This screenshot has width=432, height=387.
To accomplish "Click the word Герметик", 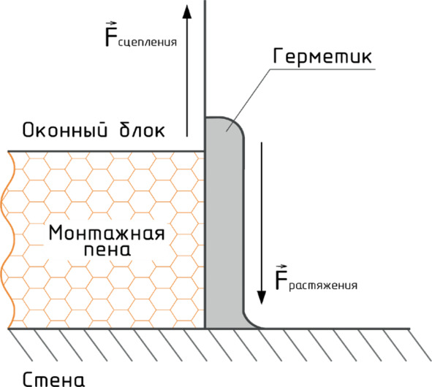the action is [x=322, y=56].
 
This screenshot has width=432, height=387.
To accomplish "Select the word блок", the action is [x=142, y=129].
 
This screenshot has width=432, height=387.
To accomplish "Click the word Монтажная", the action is [x=107, y=233].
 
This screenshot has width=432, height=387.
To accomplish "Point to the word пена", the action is [x=107, y=250].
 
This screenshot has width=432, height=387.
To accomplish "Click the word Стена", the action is [x=53, y=380].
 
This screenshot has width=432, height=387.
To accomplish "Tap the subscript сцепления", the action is [x=148, y=42].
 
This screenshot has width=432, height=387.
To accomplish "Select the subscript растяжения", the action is [x=323, y=286].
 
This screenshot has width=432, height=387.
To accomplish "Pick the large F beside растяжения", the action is [x=281, y=280].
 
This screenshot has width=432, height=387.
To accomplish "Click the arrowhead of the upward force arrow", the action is [x=187, y=12].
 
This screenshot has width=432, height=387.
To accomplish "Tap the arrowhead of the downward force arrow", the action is [x=262, y=297].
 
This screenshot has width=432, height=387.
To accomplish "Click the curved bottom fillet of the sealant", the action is [x=249, y=322].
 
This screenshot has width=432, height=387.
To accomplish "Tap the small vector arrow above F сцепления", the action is [x=112, y=23].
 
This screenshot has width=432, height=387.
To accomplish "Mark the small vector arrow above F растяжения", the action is [x=281, y=267].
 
